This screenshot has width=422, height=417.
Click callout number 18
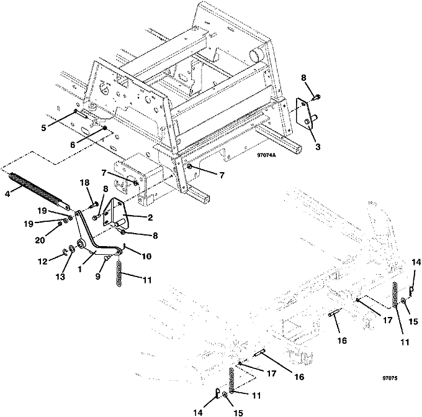pos(86,182)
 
